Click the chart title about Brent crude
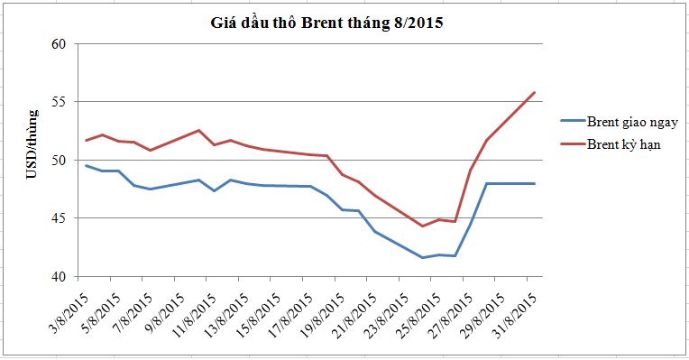click(x=326, y=23)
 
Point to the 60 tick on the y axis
click(x=59, y=44)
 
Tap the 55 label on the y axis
click(x=59, y=102)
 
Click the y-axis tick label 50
click(x=59, y=160)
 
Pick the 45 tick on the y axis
click(x=59, y=218)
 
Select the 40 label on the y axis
click(x=59, y=276)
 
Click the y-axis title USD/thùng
click(x=32, y=144)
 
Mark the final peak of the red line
click(x=534, y=92)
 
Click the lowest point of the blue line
click(x=423, y=257)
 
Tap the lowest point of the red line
click(x=423, y=226)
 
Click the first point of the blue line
click(x=87, y=166)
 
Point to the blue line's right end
click(x=534, y=183)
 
